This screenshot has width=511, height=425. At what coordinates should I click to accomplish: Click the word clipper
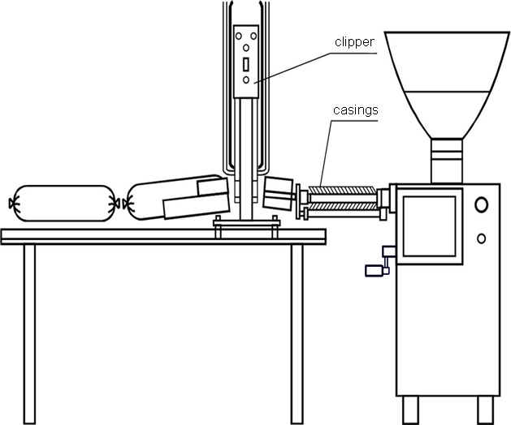354,43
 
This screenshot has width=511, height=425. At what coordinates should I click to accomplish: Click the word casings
356,110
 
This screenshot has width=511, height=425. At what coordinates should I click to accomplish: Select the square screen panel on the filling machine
429,226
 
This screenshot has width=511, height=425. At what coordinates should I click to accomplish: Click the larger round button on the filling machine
481,204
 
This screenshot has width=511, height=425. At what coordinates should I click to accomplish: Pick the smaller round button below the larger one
481,238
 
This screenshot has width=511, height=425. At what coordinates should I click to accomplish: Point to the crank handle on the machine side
381,262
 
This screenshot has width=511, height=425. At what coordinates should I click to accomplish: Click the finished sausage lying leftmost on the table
63,204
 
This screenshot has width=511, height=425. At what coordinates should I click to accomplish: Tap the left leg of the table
29,334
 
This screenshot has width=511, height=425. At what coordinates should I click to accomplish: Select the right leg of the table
297,334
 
